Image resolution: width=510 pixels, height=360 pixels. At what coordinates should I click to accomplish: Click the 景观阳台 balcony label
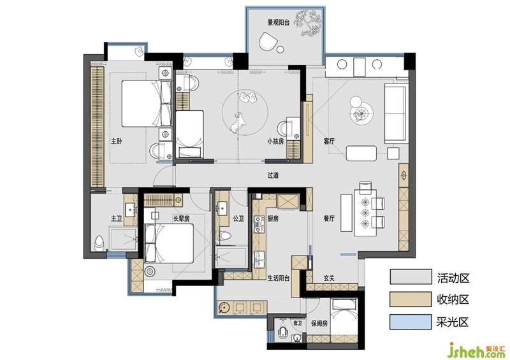tap(278, 22)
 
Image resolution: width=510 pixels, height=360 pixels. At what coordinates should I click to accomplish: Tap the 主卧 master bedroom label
tap(117, 141)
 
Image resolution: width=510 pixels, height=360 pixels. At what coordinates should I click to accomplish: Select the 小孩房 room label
tap(275, 141)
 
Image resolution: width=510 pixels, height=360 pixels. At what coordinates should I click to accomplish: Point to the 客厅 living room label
tap(329, 141)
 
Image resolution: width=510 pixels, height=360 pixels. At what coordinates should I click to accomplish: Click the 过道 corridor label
tap(273, 175)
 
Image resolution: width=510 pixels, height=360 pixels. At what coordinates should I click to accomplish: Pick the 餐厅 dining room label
tap(329, 219)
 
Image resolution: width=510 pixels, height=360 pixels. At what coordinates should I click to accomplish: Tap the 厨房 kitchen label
tap(273, 219)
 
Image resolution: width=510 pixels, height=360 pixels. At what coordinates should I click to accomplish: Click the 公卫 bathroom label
tap(238, 219)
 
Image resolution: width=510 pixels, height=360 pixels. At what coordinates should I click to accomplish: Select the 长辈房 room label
tap(181, 219)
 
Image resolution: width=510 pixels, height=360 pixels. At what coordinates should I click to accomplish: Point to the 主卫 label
tap(117, 219)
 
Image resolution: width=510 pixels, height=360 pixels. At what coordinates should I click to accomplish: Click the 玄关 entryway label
tap(329, 278)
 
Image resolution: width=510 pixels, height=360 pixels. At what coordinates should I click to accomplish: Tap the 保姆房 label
tap(319, 323)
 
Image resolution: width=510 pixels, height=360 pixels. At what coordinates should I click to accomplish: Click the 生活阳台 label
tap(279, 278)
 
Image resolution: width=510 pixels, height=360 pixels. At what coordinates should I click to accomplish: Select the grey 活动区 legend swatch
tap(411, 277)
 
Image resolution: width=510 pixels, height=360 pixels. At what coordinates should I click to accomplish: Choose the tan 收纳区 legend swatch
tap(411, 299)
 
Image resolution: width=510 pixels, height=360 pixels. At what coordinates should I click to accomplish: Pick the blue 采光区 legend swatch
tap(411, 322)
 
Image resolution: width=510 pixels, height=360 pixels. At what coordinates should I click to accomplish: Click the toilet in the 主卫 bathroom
tap(99, 243)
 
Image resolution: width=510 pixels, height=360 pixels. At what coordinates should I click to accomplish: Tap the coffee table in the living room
tap(361, 154)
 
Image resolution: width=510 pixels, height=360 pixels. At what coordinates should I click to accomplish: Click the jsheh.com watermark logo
tap(476, 350)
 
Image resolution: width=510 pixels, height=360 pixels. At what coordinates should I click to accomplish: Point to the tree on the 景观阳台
tap(308, 22)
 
